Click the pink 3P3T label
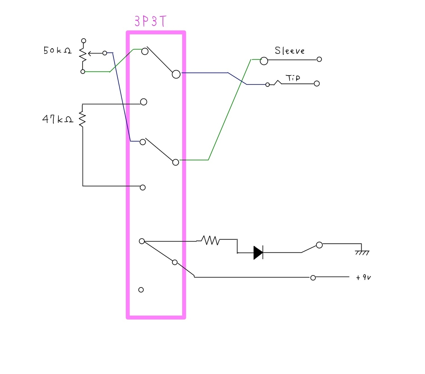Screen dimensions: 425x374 [150, 21]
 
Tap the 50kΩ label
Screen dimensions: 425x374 [57, 50]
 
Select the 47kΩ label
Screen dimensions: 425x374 [58, 119]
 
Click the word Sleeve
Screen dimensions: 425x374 [289, 51]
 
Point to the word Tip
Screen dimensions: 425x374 [293, 78]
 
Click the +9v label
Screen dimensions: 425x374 [363, 278]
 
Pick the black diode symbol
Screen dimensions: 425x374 [258, 253]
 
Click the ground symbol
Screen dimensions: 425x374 [362, 253]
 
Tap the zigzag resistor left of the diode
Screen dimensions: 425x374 [210, 240]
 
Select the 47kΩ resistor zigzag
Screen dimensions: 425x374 [82, 119]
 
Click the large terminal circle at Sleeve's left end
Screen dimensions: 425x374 [264, 61]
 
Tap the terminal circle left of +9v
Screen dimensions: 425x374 [313, 278]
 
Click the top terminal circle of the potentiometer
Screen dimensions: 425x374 [84, 40]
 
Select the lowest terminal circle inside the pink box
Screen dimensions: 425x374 [141, 290]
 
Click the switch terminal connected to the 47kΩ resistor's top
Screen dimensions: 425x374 [143, 102]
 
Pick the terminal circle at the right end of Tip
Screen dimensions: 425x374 [317, 84]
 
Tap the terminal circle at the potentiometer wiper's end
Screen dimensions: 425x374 [105, 53]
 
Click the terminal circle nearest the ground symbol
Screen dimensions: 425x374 [319, 245]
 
